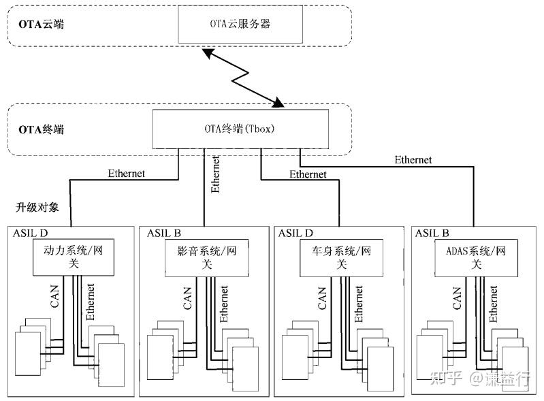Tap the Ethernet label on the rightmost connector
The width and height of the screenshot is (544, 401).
tap(413, 160)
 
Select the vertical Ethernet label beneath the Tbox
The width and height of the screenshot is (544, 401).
tap(215, 174)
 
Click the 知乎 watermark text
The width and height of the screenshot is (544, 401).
tap(446, 379)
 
